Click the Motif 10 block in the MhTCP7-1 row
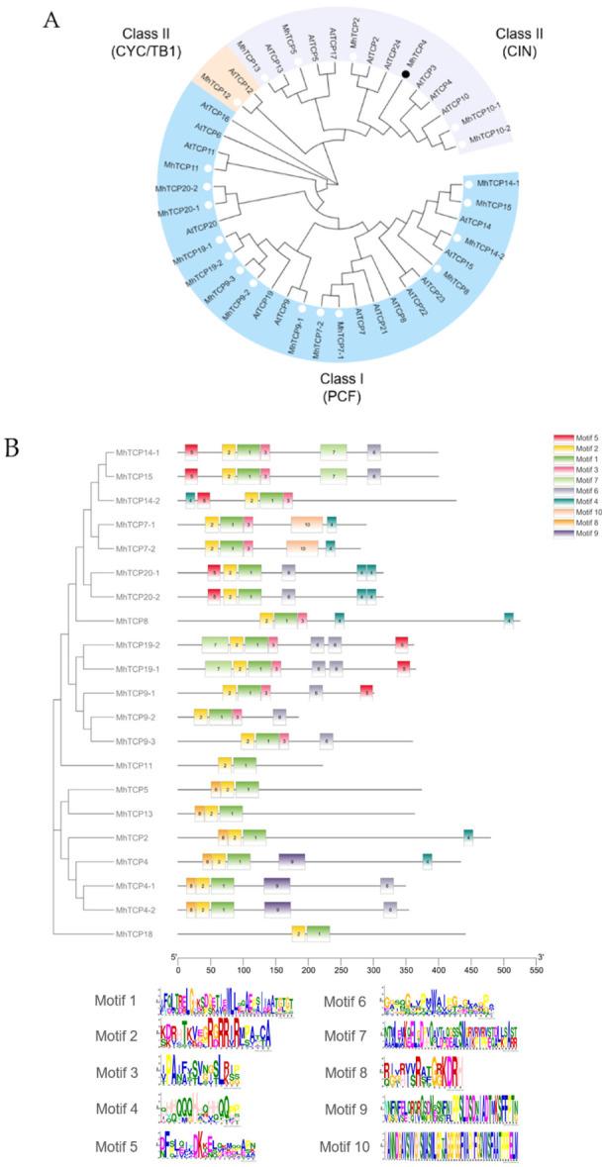306,524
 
